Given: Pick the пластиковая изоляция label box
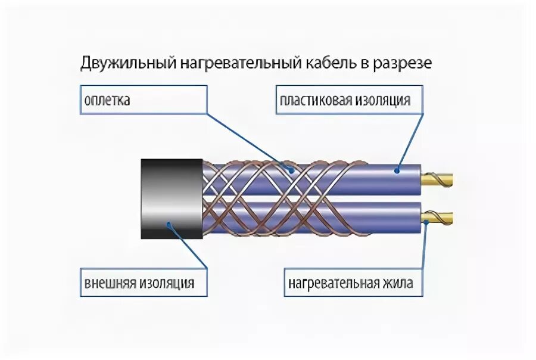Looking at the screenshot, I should point(349,100).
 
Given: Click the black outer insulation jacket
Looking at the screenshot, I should point(172,199).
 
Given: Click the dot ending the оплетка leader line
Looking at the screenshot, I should point(291,170).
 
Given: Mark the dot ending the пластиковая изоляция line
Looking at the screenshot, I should point(395,170).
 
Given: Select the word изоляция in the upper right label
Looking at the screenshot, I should point(385,100).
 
